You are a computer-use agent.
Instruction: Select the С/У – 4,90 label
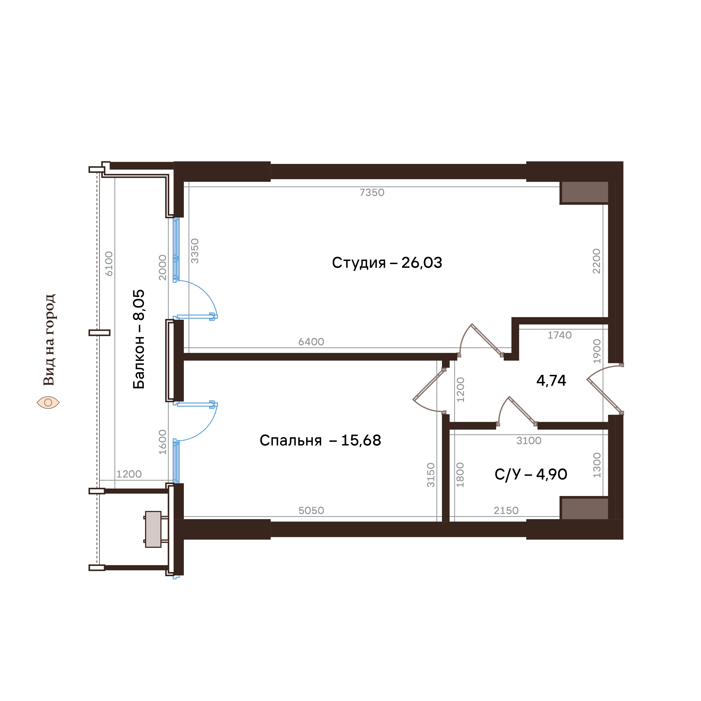click(531, 474)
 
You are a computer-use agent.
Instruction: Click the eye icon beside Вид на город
click(48, 402)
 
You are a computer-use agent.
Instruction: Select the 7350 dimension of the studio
click(372, 192)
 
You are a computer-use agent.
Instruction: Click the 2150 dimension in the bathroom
click(506, 511)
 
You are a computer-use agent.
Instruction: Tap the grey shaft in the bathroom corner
click(584, 509)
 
